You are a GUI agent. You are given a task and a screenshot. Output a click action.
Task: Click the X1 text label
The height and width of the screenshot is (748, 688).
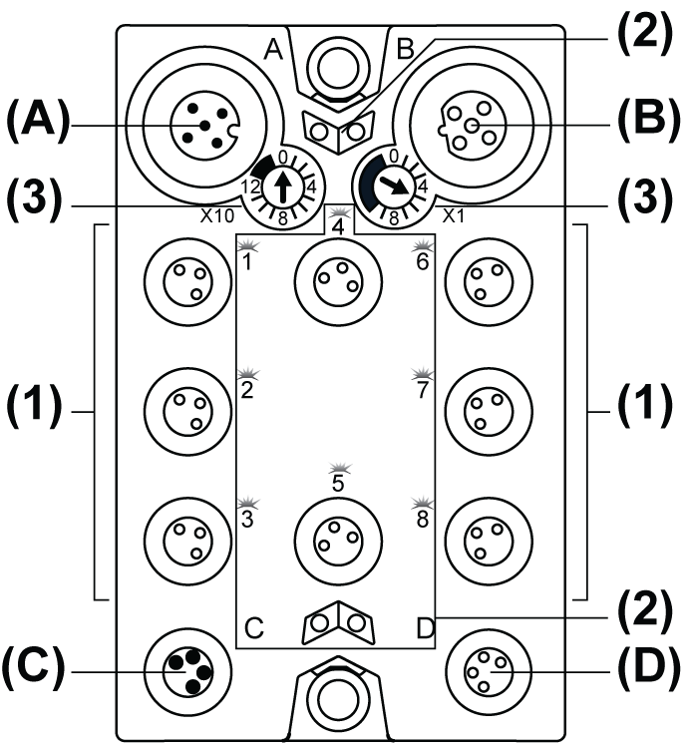[452, 214]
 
